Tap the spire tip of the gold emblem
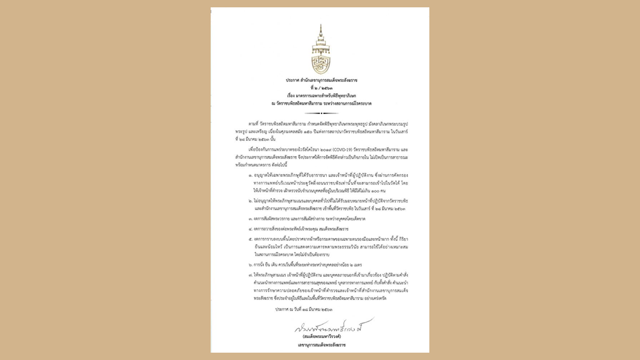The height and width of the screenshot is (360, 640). [x=320, y=25]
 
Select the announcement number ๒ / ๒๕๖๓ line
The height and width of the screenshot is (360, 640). [x=320, y=88]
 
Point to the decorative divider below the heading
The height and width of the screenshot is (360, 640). [x=320, y=113]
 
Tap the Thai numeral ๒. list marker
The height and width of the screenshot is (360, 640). [x=249, y=200]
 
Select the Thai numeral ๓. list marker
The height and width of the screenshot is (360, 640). [x=249, y=218]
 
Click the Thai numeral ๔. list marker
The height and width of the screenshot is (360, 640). [x=249, y=228]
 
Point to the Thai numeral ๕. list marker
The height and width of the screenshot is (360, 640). [x=249, y=239]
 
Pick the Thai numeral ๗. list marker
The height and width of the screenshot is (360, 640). [x=249, y=274]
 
